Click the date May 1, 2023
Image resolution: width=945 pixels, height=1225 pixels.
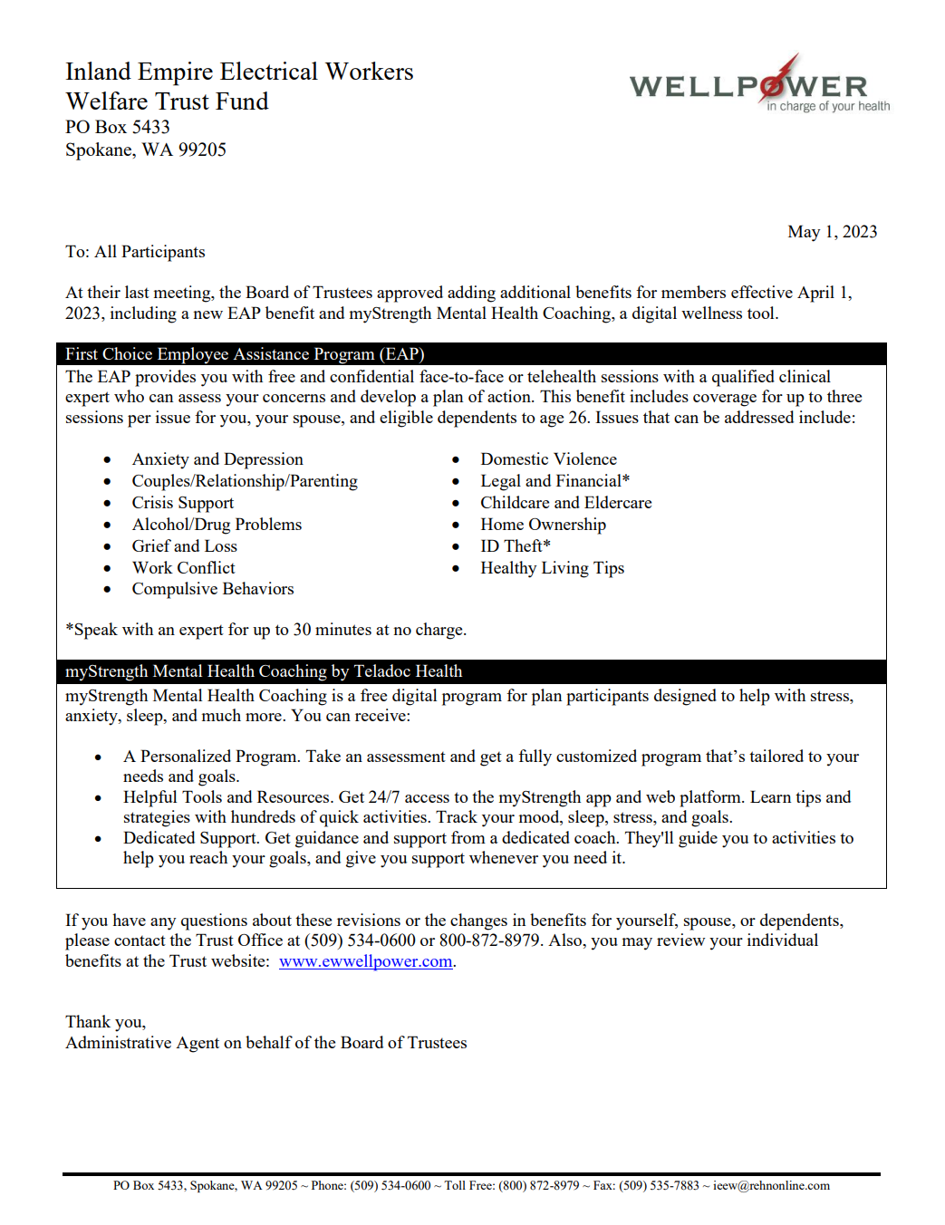click(x=832, y=232)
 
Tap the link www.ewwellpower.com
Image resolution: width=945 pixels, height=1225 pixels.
click(x=365, y=961)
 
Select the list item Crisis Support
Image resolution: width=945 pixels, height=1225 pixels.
click(x=182, y=503)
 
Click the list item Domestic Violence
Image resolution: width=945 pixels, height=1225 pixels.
click(x=548, y=459)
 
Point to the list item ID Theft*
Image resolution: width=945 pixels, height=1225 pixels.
click(x=515, y=545)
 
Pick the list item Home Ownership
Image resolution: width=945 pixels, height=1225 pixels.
click(x=543, y=525)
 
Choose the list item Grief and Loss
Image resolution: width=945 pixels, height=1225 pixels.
click(x=184, y=546)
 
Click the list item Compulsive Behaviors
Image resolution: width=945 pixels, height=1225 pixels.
click(x=213, y=589)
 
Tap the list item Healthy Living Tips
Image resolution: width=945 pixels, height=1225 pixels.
click(x=552, y=568)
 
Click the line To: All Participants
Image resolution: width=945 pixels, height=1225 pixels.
click(x=135, y=252)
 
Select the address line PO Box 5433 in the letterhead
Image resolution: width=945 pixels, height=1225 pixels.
click(x=118, y=127)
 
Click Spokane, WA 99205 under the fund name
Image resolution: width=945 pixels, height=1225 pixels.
click(x=146, y=150)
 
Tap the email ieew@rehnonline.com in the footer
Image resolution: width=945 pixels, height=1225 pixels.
click(x=771, y=1185)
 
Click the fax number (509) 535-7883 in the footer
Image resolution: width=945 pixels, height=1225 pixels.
click(x=659, y=1185)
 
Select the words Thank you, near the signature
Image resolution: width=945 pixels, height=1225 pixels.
click(x=105, y=1022)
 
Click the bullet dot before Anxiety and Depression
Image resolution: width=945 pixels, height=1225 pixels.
click(x=108, y=460)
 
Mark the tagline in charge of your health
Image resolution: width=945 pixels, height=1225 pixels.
click(x=828, y=107)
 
